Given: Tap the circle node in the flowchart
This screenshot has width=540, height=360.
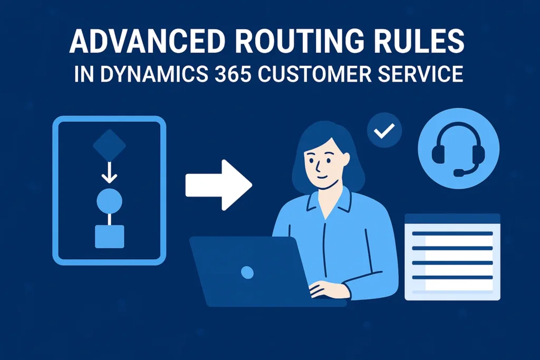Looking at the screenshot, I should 109,201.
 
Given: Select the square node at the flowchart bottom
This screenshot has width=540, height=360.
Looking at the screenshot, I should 109,236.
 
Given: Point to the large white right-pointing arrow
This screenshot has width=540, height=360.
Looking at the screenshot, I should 218,184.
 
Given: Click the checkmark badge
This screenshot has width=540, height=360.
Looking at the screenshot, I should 384,130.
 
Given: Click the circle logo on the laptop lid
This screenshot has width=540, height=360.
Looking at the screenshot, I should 246,272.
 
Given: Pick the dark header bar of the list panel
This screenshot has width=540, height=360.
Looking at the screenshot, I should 452,218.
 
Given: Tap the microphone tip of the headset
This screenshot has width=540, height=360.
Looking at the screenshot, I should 457,172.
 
